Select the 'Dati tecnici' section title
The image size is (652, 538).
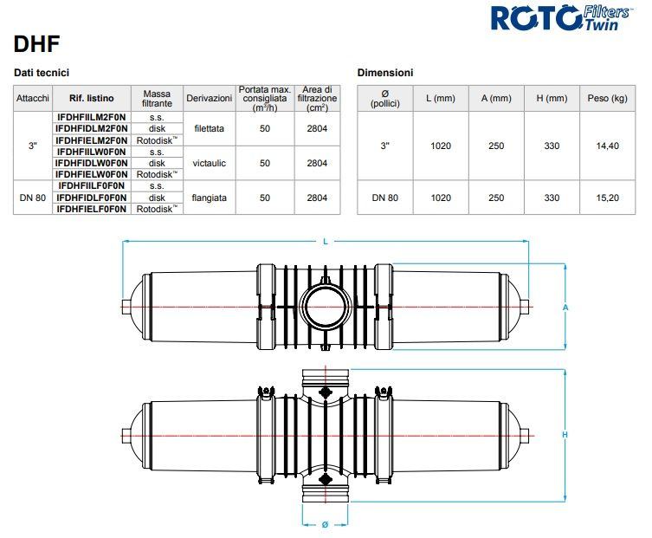click(x=42, y=73)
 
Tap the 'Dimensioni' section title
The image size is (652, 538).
click(x=385, y=73)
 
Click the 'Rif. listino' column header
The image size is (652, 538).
click(x=91, y=99)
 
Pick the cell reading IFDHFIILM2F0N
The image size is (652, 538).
click(x=91, y=116)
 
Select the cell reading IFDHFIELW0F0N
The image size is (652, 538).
click(x=91, y=173)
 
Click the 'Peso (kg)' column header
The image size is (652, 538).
click(x=607, y=99)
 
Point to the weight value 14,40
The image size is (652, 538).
click(x=607, y=146)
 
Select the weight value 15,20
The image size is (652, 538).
click(x=607, y=198)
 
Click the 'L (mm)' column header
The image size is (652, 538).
click(x=440, y=99)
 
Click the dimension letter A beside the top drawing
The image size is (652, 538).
click(x=565, y=307)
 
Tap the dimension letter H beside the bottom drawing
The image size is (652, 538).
click(x=565, y=434)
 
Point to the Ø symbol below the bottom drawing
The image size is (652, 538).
click(x=325, y=525)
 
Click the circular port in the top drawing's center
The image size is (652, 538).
click(x=325, y=307)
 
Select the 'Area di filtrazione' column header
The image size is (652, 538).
click(x=316, y=99)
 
